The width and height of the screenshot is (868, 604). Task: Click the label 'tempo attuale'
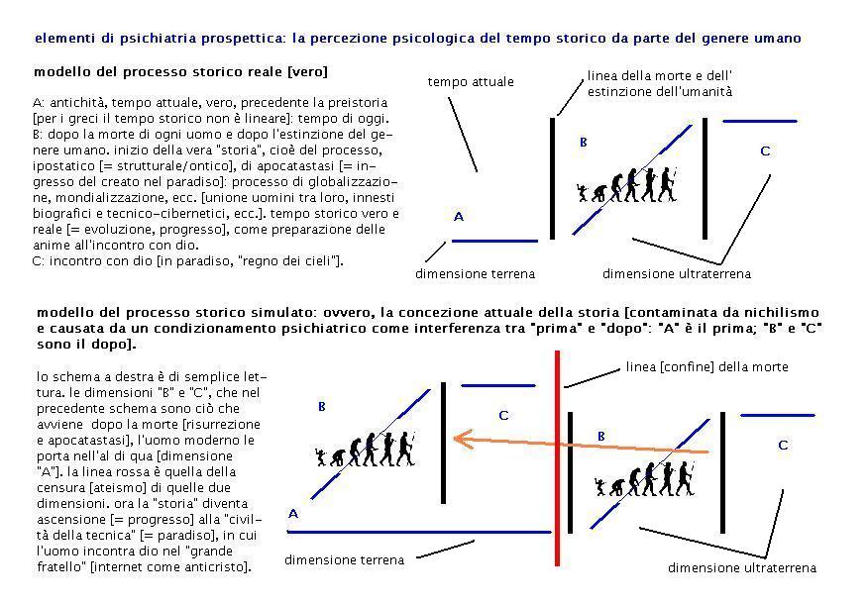pos(471,82)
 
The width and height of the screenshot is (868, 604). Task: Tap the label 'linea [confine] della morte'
pos(706,367)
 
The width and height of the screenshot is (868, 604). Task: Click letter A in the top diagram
pos(458,217)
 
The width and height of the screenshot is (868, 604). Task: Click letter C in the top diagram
pos(765,151)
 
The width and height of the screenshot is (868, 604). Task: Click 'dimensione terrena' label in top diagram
pos(475,274)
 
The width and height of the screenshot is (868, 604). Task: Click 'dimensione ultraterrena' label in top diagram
pos(676,274)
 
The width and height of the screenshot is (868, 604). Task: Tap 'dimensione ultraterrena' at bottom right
pos(741,568)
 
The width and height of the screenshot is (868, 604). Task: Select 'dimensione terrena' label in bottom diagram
pos(344,560)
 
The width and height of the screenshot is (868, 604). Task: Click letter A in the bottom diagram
pos(293,514)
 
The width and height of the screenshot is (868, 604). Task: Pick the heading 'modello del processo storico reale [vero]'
pos(180,72)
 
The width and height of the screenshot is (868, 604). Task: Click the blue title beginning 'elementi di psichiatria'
pos(417,39)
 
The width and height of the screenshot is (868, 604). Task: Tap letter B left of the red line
pos(321,407)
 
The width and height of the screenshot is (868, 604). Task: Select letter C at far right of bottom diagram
pos(783,446)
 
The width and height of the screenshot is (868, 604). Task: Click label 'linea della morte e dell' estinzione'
pos(659,83)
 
